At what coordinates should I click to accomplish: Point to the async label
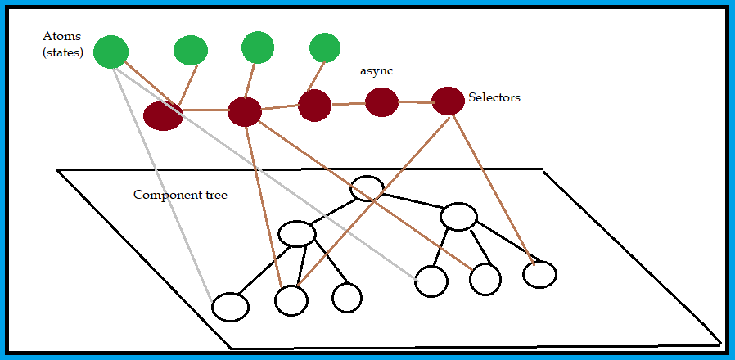click(x=377, y=71)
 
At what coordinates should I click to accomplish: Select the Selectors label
click(x=494, y=97)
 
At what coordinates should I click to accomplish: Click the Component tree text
click(x=180, y=196)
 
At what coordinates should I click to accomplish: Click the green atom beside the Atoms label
click(x=111, y=52)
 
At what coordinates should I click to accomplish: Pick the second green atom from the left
click(x=191, y=50)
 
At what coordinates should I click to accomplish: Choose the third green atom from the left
click(x=257, y=47)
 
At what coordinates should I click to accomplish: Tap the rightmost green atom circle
click(x=324, y=47)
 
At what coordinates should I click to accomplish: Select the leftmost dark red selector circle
click(x=163, y=115)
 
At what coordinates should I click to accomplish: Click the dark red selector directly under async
click(x=381, y=102)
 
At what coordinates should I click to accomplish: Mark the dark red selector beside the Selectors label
click(x=448, y=101)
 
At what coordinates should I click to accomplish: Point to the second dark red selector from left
click(x=244, y=111)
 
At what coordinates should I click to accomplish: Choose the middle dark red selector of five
click(x=314, y=106)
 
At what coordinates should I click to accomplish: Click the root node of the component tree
click(x=367, y=189)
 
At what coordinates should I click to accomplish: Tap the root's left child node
click(x=296, y=234)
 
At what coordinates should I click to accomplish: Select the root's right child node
click(x=458, y=217)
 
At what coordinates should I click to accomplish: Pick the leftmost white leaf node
click(x=230, y=307)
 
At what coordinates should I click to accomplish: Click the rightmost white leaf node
click(x=539, y=274)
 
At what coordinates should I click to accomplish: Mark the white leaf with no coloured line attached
click(x=347, y=297)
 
